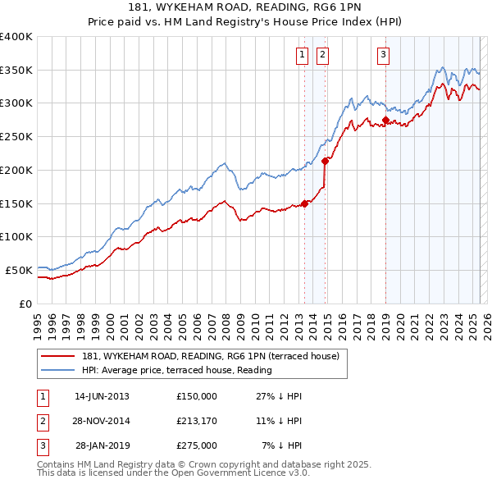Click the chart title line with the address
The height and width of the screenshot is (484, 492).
pos(246,7)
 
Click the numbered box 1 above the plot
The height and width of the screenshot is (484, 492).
pos(301,55)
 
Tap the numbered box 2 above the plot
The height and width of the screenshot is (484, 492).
pos(322,55)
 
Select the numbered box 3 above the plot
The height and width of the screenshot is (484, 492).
pos(384,55)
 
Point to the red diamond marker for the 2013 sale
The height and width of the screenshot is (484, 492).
pos(305,203)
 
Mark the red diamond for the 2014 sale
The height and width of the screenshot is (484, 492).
pos(326,161)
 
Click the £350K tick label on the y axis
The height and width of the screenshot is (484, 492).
pos(16,70)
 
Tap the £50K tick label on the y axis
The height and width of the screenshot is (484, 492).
pos(19,269)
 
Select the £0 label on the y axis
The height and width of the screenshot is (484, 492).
pos(25,303)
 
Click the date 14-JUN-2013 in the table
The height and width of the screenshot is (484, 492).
pos(102,396)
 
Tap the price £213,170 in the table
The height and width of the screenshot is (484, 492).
pos(197,421)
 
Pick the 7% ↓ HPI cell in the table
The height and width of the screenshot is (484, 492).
pos(282,445)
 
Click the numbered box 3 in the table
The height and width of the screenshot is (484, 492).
pos(43,445)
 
